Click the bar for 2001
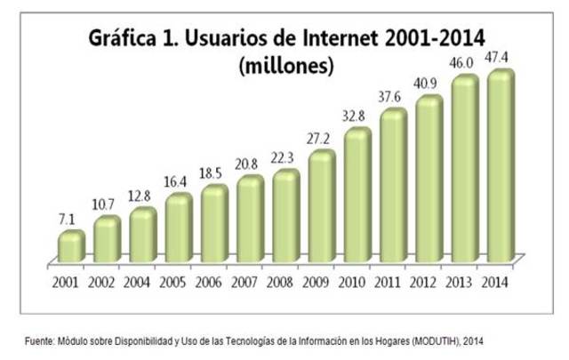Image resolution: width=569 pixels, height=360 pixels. click(71, 246)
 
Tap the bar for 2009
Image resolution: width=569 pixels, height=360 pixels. click(322, 206)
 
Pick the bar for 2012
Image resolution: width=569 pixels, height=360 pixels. click(429, 180)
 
